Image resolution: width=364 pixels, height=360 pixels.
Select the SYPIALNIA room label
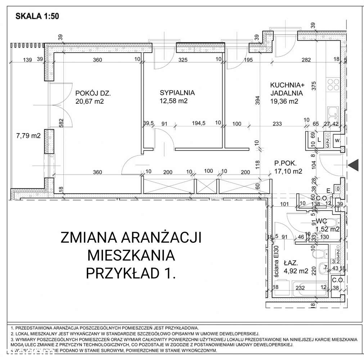pyautogui.click(x=177, y=93)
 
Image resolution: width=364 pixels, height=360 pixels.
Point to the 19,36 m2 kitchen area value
pyautogui.click(x=285, y=101)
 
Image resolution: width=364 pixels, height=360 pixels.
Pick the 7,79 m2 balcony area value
pyautogui.click(x=28, y=136)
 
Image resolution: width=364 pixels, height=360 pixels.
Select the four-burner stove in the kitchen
pyautogui.click(x=333, y=85)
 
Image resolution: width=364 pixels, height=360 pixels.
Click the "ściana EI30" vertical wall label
pyautogui.click(x=277, y=261)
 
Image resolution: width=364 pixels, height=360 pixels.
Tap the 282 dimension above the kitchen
pyautogui.click(x=306, y=60)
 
